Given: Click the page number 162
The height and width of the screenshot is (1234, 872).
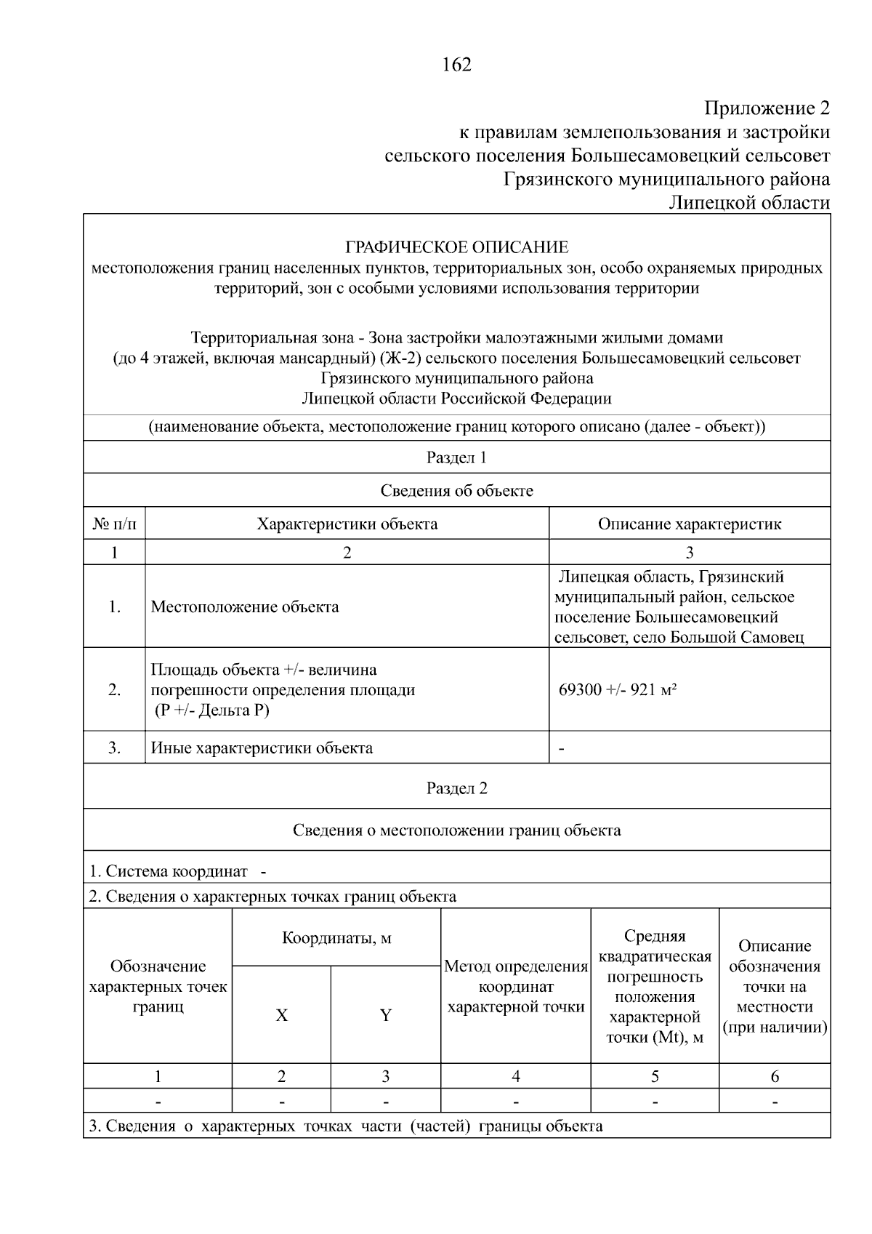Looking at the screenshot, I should click(456, 65).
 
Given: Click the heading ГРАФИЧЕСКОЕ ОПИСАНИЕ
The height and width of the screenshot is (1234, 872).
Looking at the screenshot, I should click(456, 247).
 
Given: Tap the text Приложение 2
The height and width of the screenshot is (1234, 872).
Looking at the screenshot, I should click(766, 108).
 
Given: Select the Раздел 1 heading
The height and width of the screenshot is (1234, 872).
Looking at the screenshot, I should click(456, 457).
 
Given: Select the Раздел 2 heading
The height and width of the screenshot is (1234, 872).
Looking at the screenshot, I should click(456, 789).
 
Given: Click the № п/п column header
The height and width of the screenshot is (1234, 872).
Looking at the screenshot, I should click(114, 524).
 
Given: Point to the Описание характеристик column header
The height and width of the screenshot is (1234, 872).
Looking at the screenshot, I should click(689, 524).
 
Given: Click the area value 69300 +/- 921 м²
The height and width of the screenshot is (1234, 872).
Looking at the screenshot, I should click(618, 689).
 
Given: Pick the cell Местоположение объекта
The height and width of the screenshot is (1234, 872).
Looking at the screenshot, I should click(245, 606).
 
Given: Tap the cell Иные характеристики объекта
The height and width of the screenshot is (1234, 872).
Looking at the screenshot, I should click(262, 748).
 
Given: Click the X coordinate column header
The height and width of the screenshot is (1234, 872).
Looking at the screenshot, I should click(281, 1015).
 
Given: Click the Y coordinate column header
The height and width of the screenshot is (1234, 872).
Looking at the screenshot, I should click(385, 1015).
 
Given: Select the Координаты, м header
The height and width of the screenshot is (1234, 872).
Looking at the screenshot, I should click(336, 937).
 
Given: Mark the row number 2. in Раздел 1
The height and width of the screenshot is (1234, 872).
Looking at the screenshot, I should click(114, 689).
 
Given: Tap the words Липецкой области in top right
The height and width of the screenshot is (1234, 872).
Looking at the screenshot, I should click(748, 203).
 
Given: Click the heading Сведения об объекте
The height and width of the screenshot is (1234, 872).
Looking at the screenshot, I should click(456, 491).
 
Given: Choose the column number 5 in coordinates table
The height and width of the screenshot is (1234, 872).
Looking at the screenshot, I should click(655, 1076).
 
